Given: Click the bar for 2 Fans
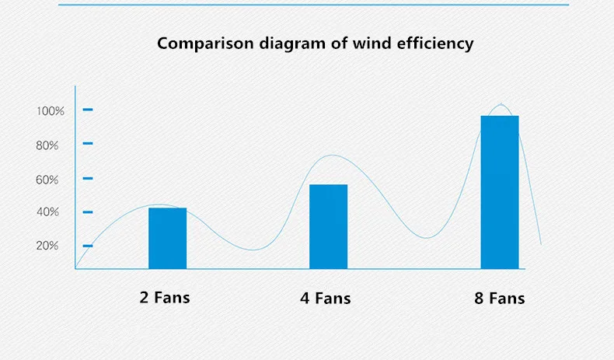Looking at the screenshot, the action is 168,238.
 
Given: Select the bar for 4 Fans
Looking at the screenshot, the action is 328,226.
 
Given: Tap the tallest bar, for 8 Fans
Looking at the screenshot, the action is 500,192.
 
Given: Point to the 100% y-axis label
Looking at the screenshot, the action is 50,111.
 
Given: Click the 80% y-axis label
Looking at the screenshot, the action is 47,145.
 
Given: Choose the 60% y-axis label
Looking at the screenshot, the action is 47,180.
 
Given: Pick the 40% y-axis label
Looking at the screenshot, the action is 47,212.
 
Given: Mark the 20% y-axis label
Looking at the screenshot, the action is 47,246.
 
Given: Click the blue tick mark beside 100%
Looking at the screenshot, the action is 88,110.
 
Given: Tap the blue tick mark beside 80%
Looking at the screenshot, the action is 88,143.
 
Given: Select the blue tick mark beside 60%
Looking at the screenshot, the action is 88,178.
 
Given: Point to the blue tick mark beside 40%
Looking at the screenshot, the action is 88,212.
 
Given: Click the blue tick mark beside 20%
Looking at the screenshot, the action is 88,246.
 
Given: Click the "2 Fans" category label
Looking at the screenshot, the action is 165,298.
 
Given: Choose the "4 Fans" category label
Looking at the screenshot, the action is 326,299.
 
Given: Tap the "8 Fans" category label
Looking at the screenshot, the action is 500,299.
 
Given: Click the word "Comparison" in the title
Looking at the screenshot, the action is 206,44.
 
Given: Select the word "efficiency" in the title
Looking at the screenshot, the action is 435,44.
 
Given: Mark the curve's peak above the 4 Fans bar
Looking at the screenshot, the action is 332,156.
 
